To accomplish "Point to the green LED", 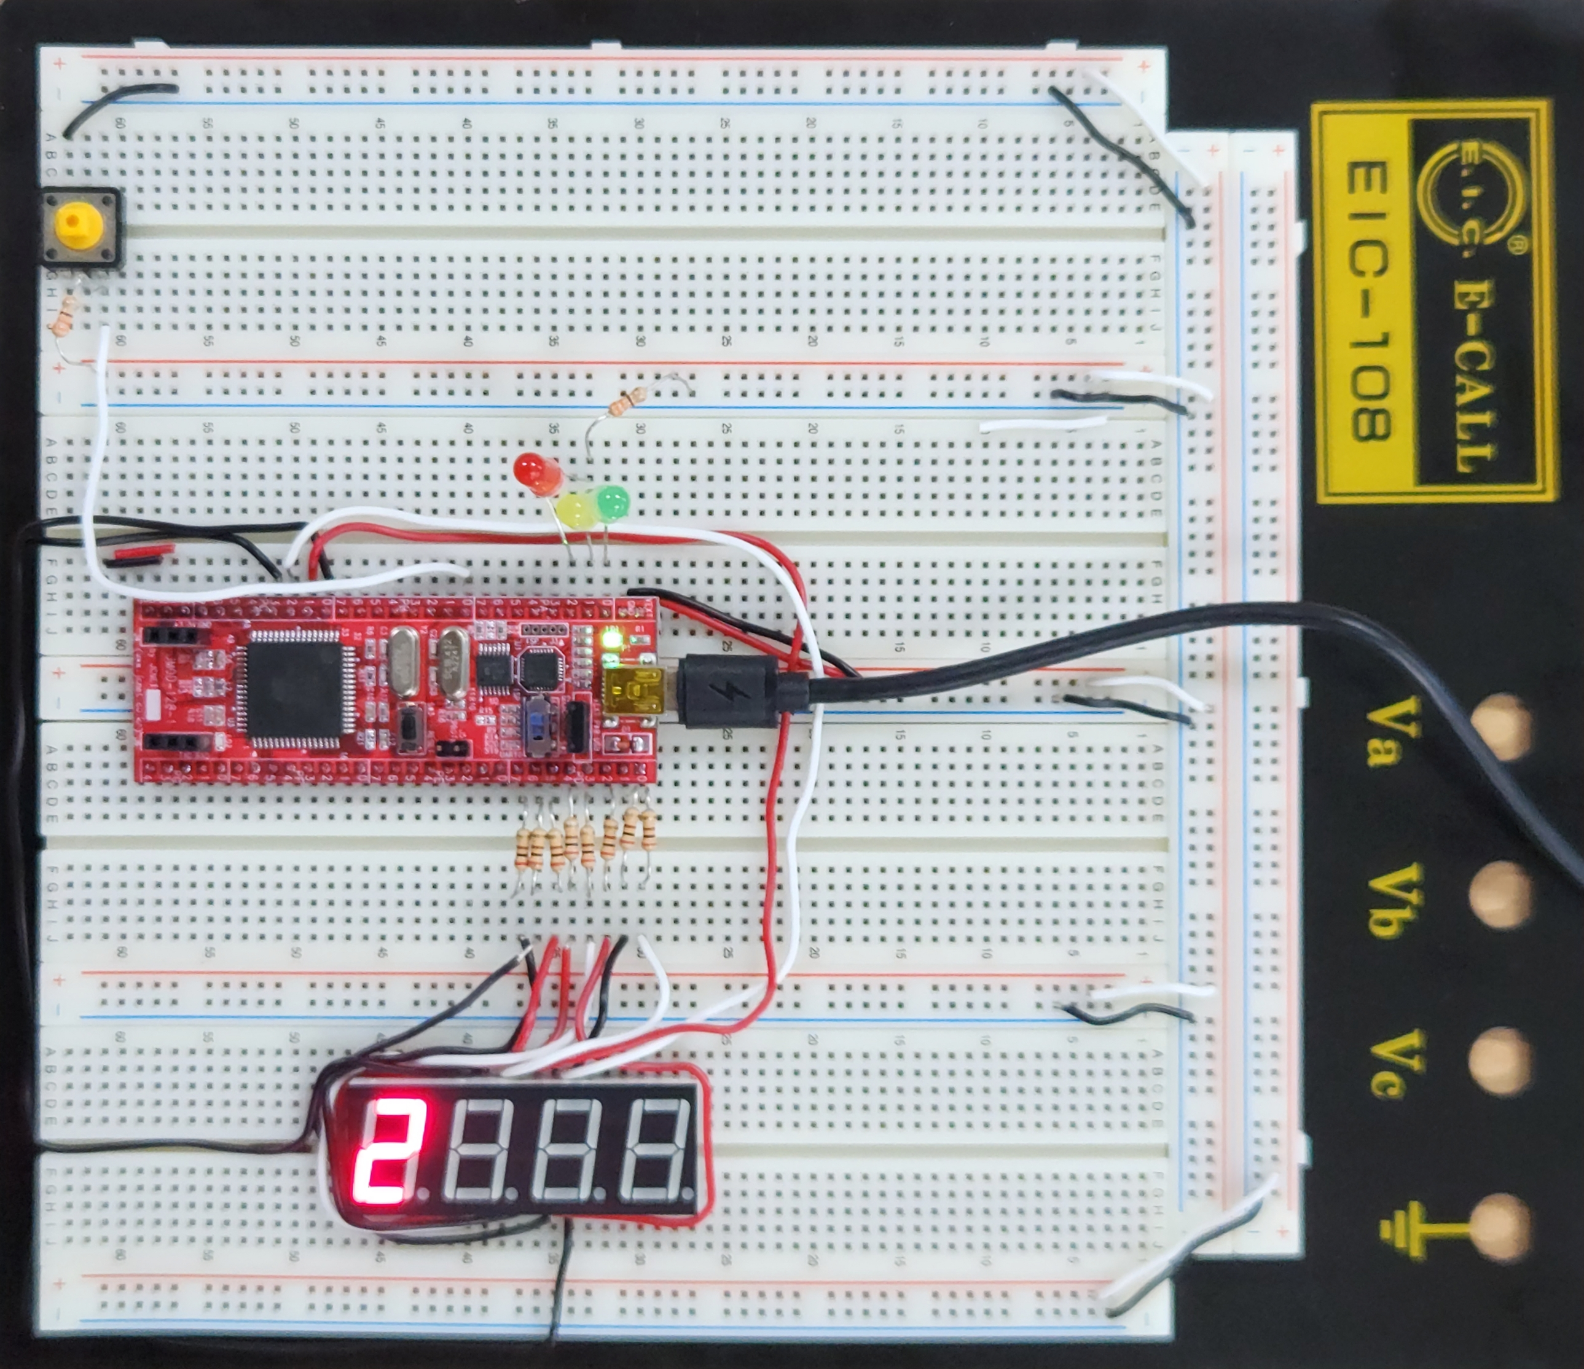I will click(x=613, y=502).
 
